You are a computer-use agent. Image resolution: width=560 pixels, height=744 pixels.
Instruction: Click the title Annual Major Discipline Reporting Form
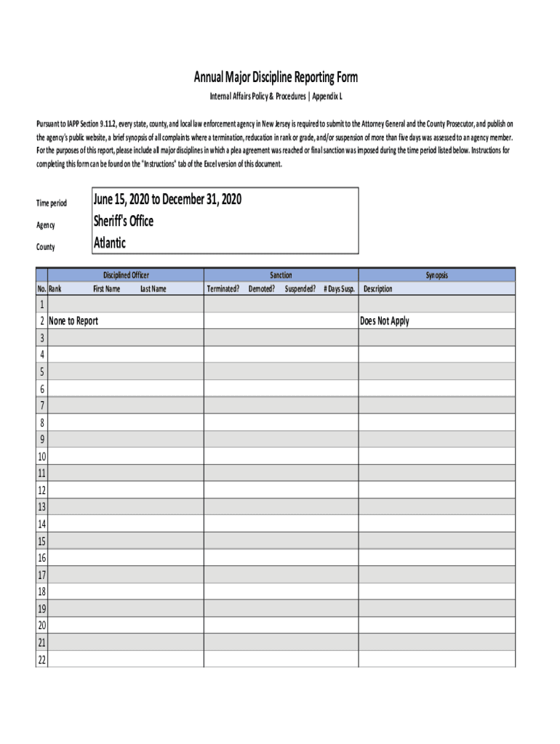275,78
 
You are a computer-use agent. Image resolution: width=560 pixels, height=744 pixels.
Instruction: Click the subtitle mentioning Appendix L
276,96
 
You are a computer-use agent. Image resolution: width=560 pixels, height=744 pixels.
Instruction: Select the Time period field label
52,203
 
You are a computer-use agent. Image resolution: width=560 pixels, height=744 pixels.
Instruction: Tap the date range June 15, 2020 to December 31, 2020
167,199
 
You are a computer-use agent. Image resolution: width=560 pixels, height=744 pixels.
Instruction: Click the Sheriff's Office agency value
124,221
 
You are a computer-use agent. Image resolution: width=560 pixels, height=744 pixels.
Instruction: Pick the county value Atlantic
110,243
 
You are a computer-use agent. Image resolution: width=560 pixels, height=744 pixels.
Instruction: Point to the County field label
45,247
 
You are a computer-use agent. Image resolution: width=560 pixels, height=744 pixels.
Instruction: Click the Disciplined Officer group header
126,275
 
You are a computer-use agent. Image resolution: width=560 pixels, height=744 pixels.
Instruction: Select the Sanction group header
281,275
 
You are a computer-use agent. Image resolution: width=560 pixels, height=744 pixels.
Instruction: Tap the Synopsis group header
436,275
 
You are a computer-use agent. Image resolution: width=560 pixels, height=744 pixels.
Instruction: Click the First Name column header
107,289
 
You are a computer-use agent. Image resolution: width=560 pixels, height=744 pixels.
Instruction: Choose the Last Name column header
153,289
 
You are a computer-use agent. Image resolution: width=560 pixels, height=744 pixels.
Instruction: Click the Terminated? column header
223,289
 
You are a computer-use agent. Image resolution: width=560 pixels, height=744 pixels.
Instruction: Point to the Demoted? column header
262,289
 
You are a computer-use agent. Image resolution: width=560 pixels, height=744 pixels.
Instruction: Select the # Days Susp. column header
339,289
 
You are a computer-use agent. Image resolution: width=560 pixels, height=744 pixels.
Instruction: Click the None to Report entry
73,321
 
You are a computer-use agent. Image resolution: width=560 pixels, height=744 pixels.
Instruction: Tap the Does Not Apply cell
385,321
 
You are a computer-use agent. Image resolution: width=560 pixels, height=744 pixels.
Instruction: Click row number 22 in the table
41,660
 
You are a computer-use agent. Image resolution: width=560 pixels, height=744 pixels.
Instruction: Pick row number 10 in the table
41,456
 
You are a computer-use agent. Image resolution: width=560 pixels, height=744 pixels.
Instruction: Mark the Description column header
377,289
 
